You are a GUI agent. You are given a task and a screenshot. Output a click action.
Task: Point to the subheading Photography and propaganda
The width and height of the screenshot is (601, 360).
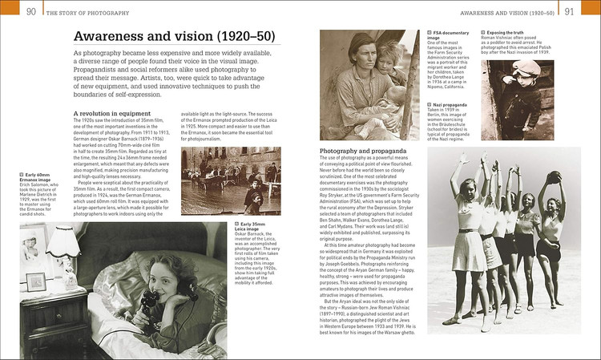(364, 151)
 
